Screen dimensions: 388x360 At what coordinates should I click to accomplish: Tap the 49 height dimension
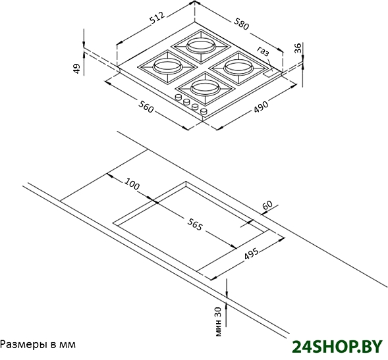(77, 68)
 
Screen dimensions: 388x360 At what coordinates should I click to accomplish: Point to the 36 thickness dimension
(298, 48)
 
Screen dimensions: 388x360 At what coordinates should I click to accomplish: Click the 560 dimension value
(146, 107)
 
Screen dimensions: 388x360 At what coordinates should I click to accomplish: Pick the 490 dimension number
(261, 107)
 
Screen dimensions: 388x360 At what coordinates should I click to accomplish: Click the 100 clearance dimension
(132, 184)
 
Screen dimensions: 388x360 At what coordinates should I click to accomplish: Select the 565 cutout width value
(195, 224)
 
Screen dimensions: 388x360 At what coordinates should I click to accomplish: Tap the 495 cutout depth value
(252, 253)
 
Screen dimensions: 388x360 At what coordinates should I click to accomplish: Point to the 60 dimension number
(267, 205)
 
